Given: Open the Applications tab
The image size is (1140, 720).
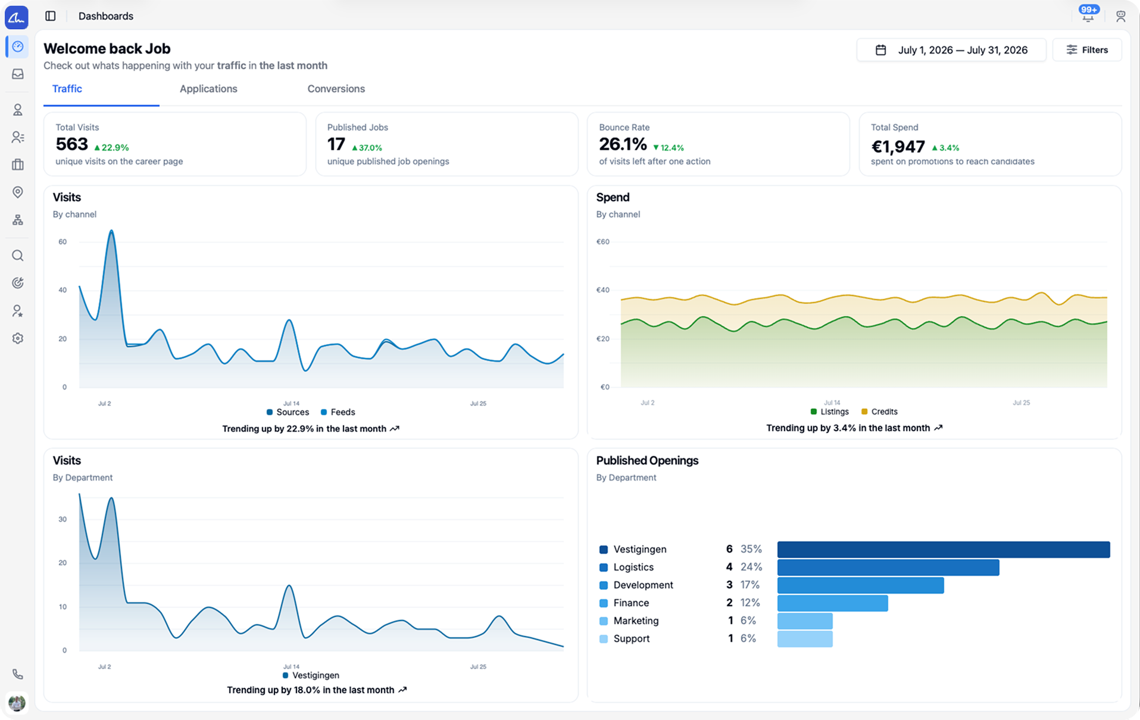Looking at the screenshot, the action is pyautogui.click(x=208, y=89).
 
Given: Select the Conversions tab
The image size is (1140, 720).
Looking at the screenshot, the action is pyautogui.click(x=336, y=89).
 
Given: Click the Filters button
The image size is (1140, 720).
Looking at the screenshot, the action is pyautogui.click(x=1087, y=50).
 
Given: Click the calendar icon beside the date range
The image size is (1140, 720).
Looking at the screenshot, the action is pyautogui.click(x=880, y=50).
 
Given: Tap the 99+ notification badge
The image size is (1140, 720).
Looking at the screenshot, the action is pyautogui.click(x=1089, y=10).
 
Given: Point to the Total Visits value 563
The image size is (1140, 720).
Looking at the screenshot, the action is pyautogui.click(x=72, y=144).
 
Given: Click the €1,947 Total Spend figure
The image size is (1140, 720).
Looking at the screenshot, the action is pyautogui.click(x=898, y=147).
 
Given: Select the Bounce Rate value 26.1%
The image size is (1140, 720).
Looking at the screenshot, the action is pyautogui.click(x=623, y=144).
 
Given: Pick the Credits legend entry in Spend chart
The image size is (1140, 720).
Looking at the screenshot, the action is pyautogui.click(x=879, y=412).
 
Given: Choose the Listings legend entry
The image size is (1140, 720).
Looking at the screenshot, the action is pyautogui.click(x=829, y=412).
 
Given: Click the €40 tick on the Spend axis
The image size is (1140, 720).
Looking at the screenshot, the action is pyautogui.click(x=603, y=290).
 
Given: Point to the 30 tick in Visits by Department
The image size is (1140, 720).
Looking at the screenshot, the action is pyautogui.click(x=63, y=519).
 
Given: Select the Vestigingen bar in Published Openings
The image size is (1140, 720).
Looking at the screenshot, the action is pyautogui.click(x=944, y=549).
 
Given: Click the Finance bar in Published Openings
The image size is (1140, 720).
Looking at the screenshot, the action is pyautogui.click(x=832, y=603).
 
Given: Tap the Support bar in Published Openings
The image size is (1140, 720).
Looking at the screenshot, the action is pyautogui.click(x=805, y=638).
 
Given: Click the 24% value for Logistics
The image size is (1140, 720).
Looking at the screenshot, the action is pyautogui.click(x=751, y=567).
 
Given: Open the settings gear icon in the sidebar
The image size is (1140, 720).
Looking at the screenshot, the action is pyautogui.click(x=18, y=338).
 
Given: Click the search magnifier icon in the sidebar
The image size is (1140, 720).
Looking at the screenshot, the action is pyautogui.click(x=18, y=256).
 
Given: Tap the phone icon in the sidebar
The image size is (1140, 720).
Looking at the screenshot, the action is pyautogui.click(x=18, y=674).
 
